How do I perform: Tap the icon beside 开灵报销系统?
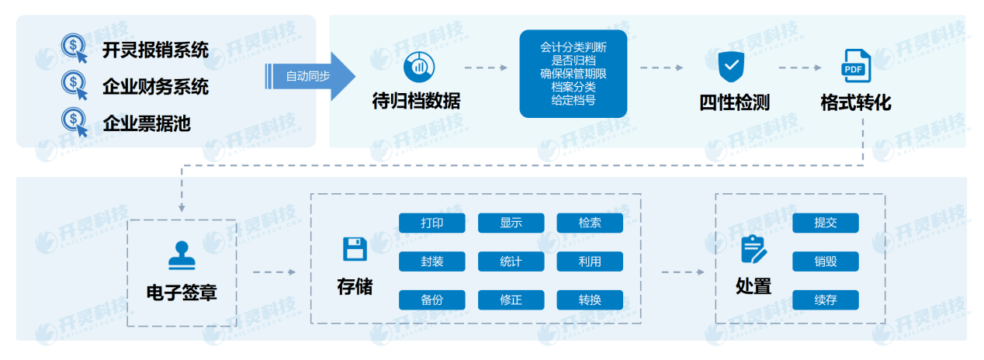pos(74,48)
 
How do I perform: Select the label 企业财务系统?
pos(155,86)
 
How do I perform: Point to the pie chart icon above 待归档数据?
pos(416,65)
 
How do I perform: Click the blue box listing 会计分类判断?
pos(573,74)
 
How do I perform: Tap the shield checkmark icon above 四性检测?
pos(731,66)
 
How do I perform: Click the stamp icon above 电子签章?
pos(181,255)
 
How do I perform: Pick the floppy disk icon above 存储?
pos(355,249)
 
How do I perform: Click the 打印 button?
pos(432,223)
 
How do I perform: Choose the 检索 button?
pos(590,223)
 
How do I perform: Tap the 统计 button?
pos(511,261)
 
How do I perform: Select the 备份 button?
pos(432,299)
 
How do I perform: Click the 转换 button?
pos(590,299)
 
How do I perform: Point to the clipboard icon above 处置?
pos(753,249)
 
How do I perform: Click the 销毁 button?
pos(826,261)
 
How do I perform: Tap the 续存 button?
pos(826,299)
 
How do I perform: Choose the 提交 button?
pos(826,223)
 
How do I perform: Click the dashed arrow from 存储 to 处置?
pos(682,272)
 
